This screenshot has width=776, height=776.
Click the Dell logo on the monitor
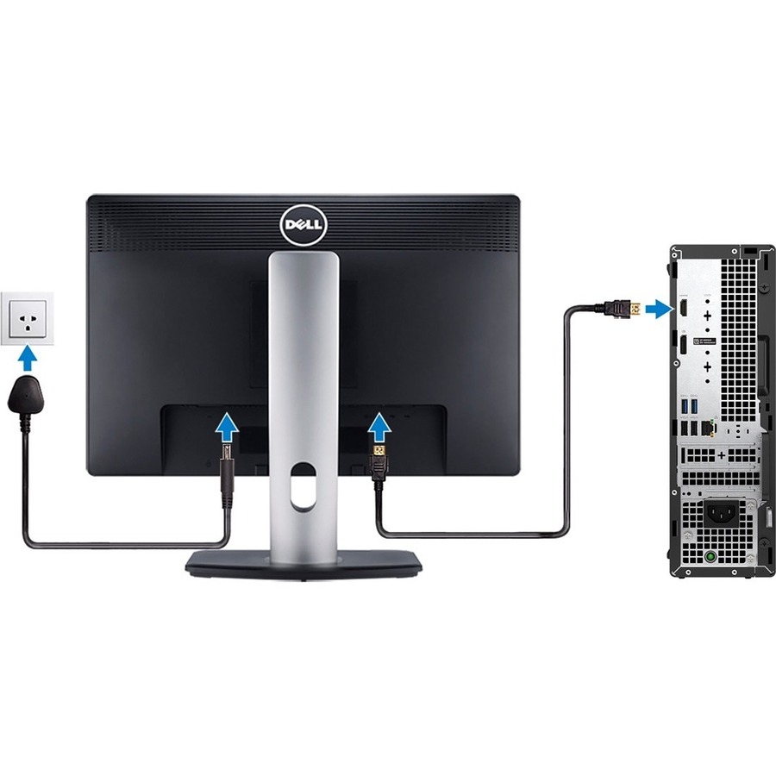pyautogui.click(x=304, y=225)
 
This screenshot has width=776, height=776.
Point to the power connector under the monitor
pyautogui.click(x=227, y=466)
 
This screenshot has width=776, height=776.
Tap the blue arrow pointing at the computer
pyautogui.click(x=658, y=308)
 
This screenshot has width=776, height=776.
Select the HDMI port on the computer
pyautogui.click(x=683, y=307)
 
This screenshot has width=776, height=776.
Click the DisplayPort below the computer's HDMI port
pyautogui.click(x=683, y=343)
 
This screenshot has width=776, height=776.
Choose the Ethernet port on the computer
pyautogui.click(x=708, y=428)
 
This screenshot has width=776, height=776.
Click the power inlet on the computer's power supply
pyautogui.click(x=723, y=514)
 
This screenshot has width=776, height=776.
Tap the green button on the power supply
pyautogui.click(x=710, y=556)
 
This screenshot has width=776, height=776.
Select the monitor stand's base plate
pyautogui.click(x=304, y=564)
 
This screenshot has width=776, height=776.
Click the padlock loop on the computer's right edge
pyautogui.click(x=767, y=516)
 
